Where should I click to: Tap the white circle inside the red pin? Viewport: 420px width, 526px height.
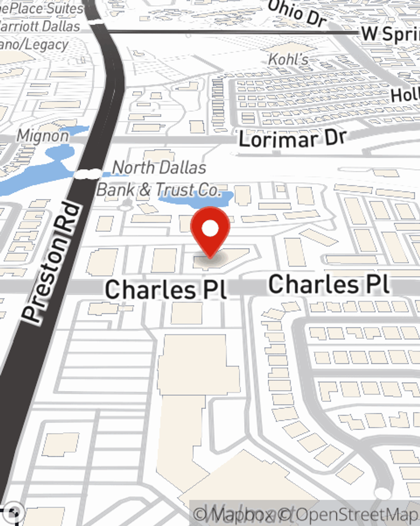point(210,229)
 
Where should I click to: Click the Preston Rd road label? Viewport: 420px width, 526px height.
point(51,263)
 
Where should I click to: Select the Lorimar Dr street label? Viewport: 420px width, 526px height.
point(293,138)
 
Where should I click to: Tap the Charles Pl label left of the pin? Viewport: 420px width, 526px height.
point(166,290)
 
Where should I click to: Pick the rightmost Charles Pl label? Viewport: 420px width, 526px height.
point(329,284)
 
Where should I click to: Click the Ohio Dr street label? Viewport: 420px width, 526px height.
point(297,13)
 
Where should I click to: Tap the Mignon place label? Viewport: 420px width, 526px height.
point(42,136)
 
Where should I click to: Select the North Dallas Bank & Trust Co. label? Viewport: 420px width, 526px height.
point(159,179)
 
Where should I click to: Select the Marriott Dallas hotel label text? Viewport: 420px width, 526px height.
point(40,26)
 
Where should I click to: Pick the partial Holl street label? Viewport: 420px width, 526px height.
point(405,96)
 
